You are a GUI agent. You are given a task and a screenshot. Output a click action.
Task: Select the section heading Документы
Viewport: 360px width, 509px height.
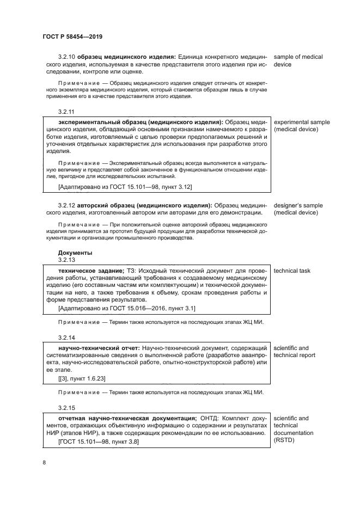(x=75, y=253)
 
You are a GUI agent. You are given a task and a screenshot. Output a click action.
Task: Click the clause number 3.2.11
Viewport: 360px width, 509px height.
(x=66, y=111)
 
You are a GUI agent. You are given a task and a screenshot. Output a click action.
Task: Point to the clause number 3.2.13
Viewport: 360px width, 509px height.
(x=66, y=260)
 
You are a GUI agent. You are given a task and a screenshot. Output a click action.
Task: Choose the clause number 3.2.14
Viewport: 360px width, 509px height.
(x=66, y=337)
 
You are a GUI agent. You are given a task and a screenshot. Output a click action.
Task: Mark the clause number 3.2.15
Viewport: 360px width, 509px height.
(x=66, y=407)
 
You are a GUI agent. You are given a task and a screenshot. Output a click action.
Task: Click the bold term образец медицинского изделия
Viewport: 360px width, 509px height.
(x=125, y=57)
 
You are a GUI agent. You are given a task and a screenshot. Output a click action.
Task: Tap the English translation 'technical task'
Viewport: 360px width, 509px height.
(x=292, y=271)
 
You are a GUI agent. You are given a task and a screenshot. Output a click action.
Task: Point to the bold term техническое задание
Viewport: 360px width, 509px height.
(x=90, y=271)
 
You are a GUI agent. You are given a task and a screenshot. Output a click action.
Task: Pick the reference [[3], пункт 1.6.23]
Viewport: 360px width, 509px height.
(x=82, y=377)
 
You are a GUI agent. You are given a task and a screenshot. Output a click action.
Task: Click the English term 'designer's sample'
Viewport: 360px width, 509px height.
(x=298, y=205)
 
